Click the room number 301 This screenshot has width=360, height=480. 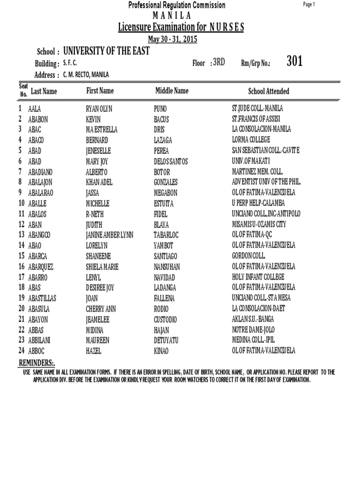tap(294, 61)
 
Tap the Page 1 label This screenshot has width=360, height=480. tap(309, 5)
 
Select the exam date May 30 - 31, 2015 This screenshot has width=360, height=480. tap(172, 39)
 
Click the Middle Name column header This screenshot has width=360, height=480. tap(172, 91)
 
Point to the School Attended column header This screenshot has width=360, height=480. tap(269, 91)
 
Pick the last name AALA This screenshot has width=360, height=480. tap(34, 109)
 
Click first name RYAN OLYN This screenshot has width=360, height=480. tap(99, 109)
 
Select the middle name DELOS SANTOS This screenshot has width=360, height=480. tap(171, 161)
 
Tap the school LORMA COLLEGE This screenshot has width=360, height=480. tap(251, 140)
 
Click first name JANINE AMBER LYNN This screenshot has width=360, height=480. tap(109, 235)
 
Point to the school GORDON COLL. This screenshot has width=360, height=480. tap(248, 256)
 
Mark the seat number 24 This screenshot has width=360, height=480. tap(22, 351)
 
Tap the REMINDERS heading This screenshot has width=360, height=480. tap(37, 363)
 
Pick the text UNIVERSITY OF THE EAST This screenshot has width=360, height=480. tap(106, 51)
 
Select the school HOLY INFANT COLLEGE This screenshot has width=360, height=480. tap(258, 277)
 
